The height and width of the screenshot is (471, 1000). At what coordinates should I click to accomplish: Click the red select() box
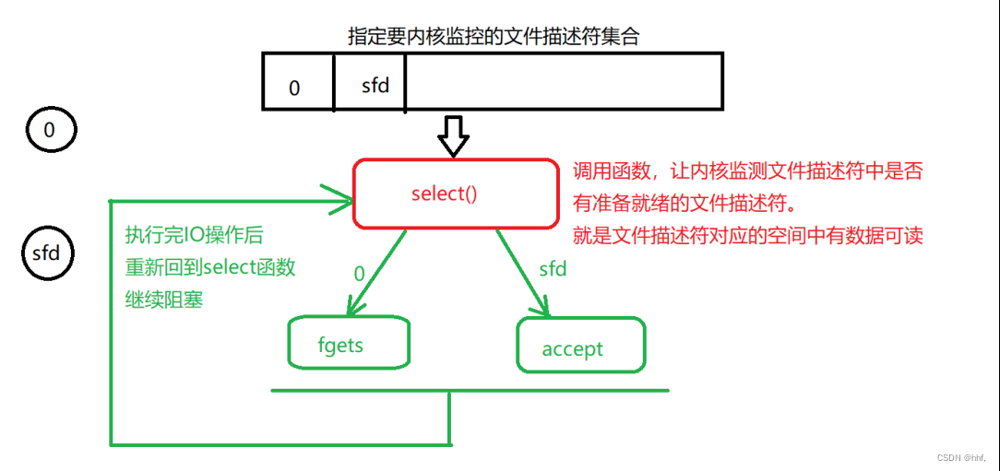point(456,194)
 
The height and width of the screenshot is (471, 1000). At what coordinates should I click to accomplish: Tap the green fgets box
point(349,344)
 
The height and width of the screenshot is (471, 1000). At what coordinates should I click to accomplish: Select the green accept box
point(580,346)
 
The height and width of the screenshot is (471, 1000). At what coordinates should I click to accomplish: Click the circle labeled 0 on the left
point(49,131)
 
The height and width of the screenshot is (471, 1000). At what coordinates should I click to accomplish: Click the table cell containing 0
point(297,82)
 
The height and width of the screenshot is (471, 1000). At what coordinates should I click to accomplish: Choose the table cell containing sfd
point(369,82)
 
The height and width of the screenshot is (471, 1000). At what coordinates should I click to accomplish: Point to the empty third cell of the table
point(564,82)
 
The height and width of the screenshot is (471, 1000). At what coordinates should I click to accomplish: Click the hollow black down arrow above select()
point(453,137)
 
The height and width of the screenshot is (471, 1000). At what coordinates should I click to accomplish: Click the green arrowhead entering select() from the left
point(338,196)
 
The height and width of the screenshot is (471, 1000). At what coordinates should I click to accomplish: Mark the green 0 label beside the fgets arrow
point(360,273)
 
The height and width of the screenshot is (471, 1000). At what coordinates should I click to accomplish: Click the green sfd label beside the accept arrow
point(553,269)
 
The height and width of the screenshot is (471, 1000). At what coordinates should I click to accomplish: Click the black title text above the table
point(493,37)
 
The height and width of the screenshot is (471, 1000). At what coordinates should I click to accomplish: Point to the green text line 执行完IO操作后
point(194,235)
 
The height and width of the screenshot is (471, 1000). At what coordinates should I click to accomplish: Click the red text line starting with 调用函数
point(747,171)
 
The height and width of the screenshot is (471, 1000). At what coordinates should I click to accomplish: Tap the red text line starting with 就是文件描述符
point(747,236)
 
